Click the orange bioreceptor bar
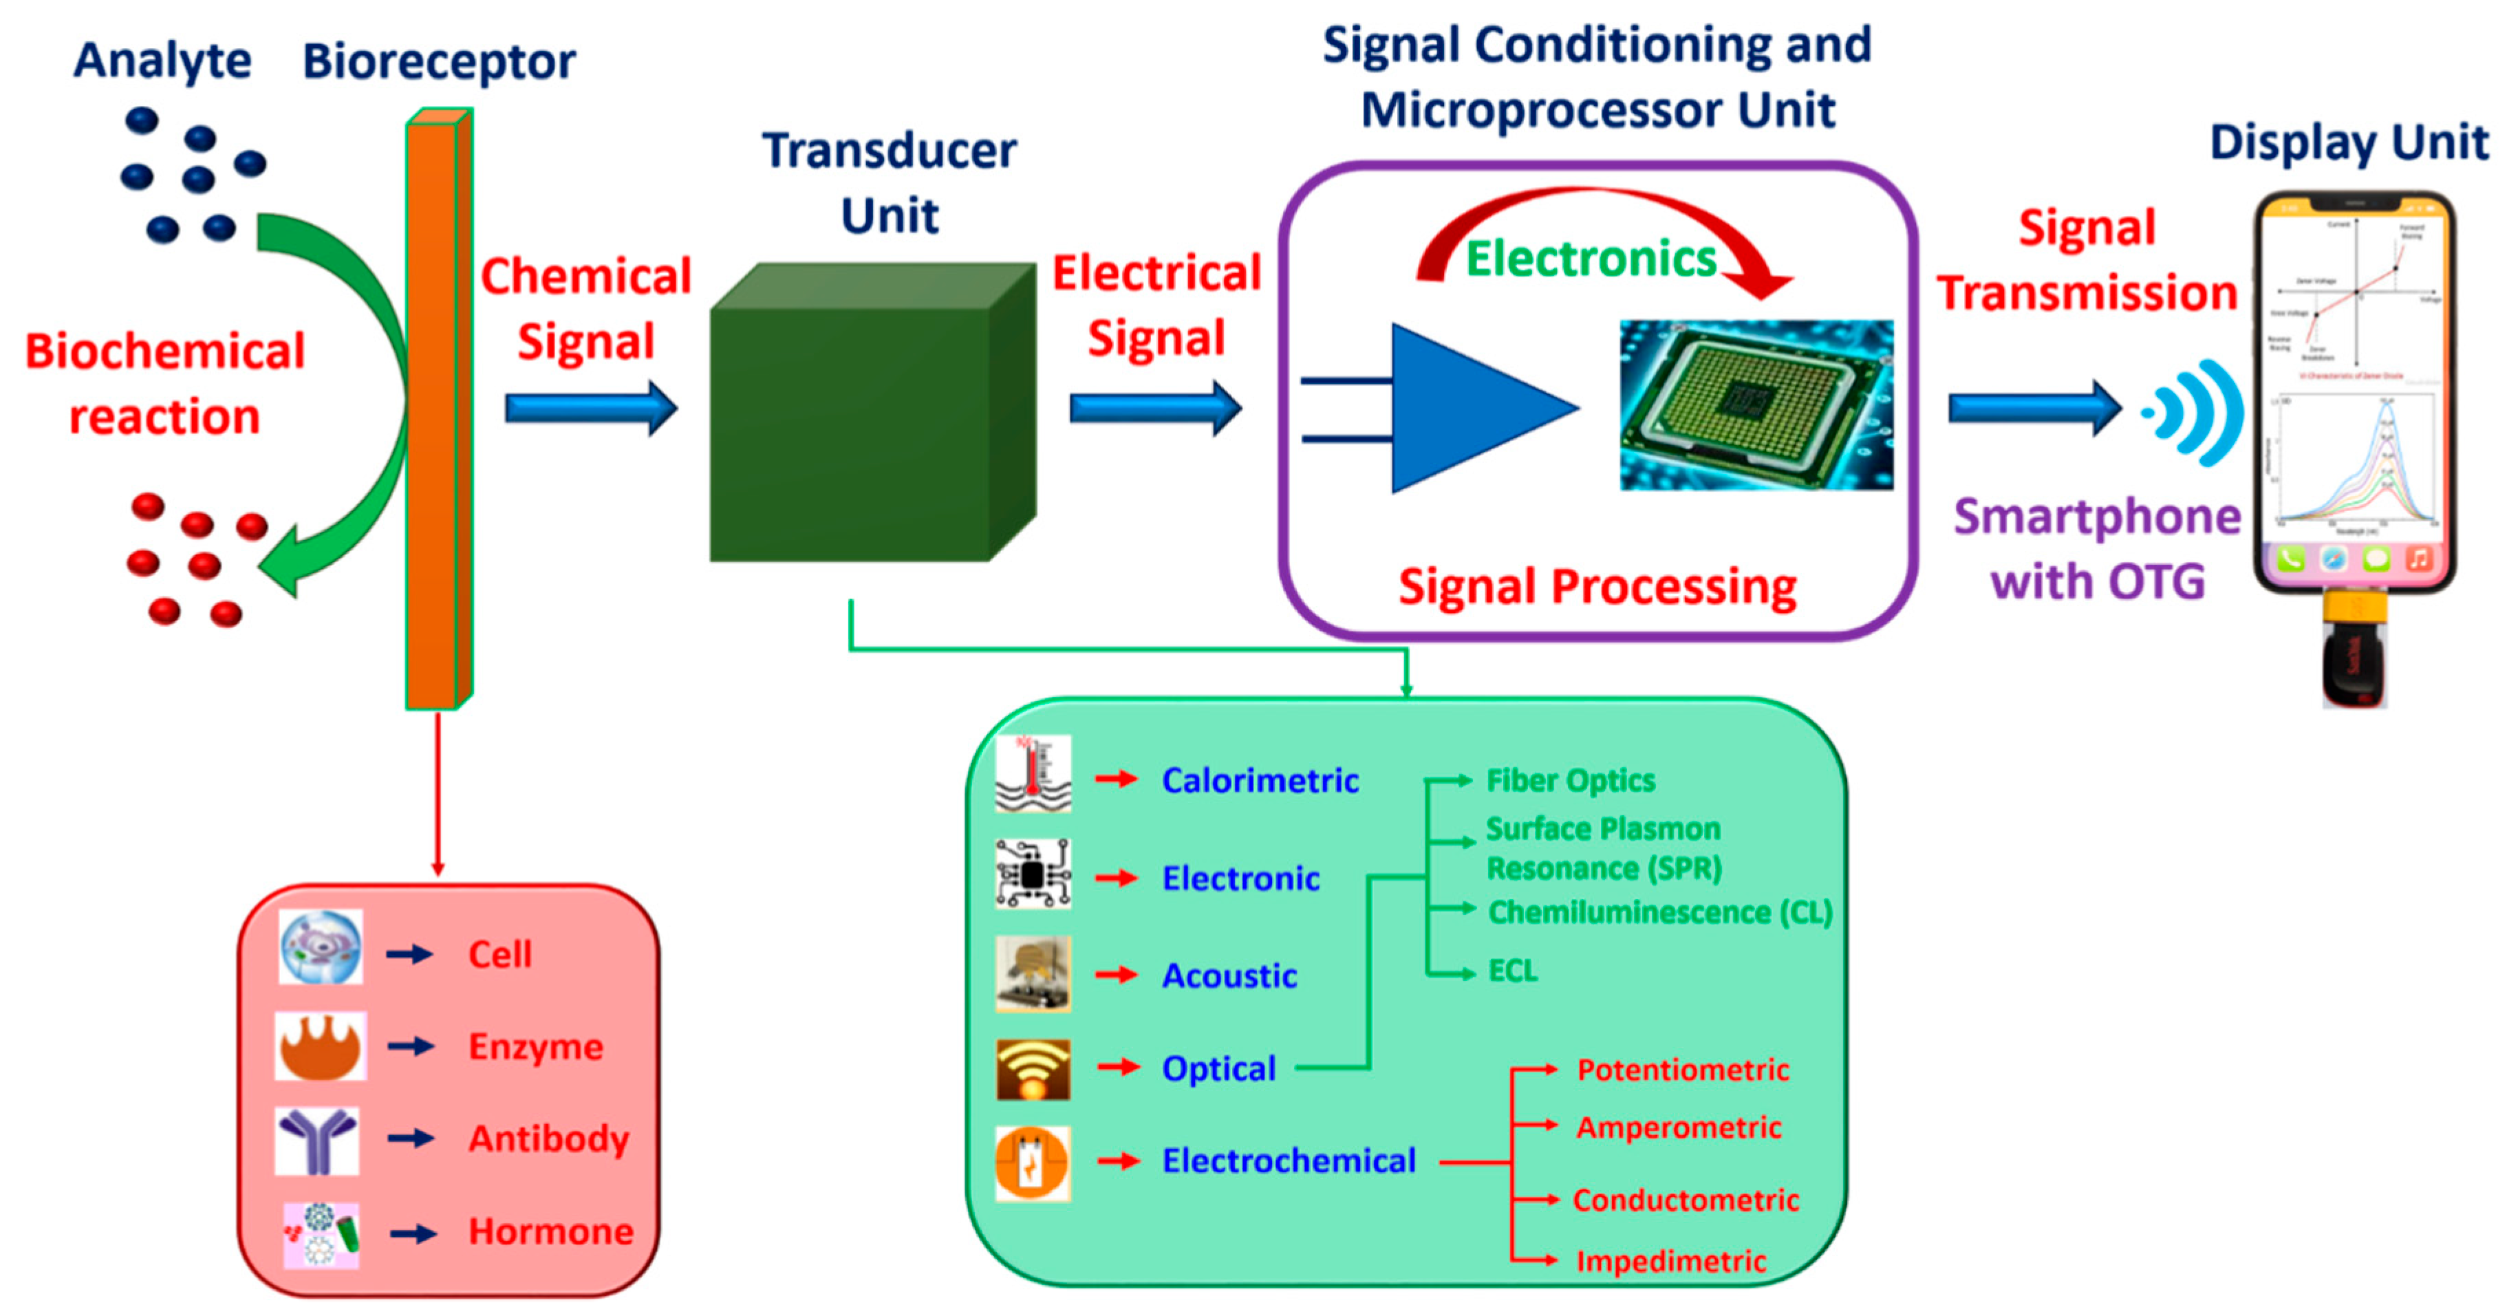tap(433, 409)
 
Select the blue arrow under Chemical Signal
tap(590, 408)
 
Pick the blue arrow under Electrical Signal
tap(1155, 408)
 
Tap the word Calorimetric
tap(1260, 780)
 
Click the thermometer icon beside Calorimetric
tap(1033, 775)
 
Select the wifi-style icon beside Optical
tap(1033, 1068)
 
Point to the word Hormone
tap(550, 1231)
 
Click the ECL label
tap(1513, 970)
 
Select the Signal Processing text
tap(1597, 587)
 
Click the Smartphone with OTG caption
tap(2097, 548)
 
